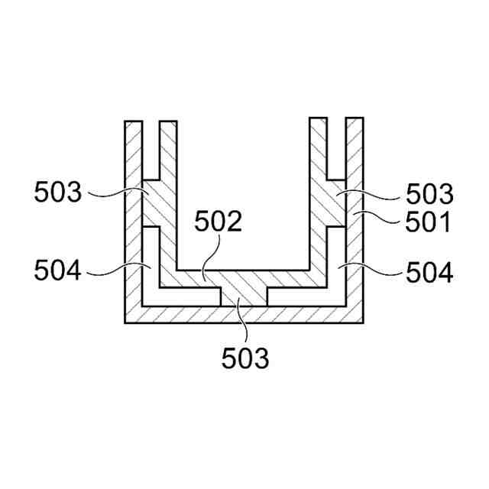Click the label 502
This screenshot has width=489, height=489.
pos(218,221)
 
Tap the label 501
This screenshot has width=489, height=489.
pos(428,222)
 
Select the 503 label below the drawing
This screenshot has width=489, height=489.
pos(245,358)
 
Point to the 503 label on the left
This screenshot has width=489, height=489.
pos(58,192)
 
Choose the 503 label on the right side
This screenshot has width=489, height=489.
pos(429,194)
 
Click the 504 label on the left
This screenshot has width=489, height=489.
pos(58,270)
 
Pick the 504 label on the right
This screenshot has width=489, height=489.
pos(429,272)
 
